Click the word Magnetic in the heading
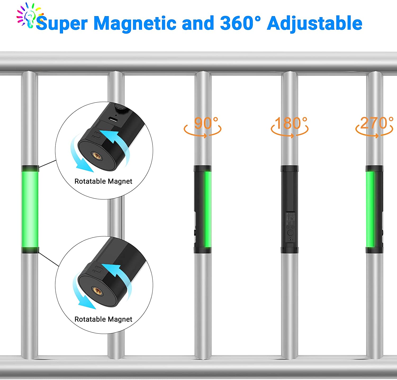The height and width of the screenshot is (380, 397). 135,23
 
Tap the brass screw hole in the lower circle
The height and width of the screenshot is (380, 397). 96,290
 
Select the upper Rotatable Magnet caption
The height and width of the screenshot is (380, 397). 103,181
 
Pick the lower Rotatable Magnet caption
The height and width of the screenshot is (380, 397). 103,319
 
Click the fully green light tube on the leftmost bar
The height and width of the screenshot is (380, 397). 30,209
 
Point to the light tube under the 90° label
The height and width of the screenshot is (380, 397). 203,209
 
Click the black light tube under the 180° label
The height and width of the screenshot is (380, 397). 289,209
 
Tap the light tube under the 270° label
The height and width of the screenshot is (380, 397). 374,209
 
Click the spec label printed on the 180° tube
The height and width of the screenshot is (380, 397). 290,218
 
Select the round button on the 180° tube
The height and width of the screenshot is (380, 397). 290,233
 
